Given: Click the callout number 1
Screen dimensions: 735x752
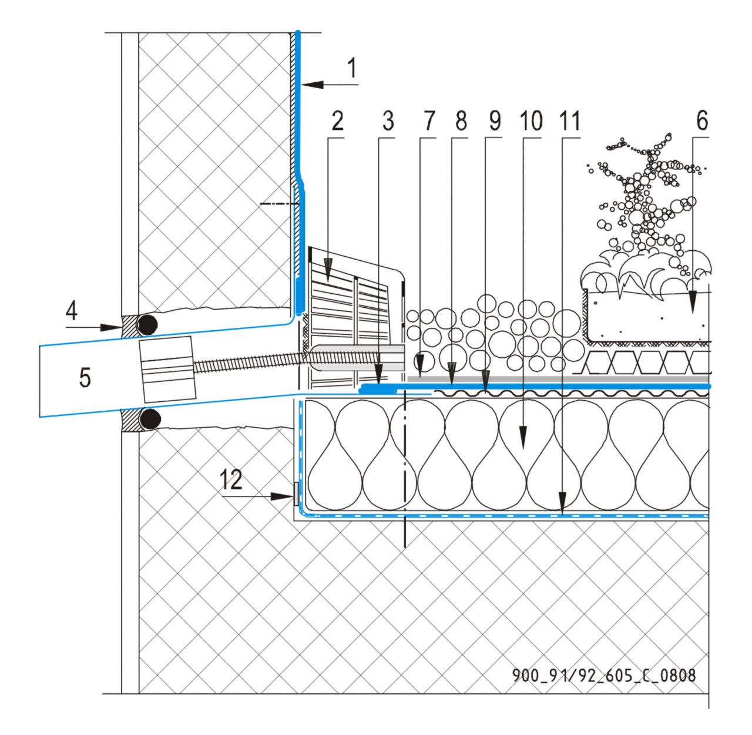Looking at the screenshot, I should (351, 69).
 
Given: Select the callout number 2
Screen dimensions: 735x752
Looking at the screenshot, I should (337, 122).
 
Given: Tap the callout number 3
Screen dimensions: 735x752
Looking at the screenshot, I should (387, 122).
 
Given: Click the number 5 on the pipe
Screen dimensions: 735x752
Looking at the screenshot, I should (85, 378).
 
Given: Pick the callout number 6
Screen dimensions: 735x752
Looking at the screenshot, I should (701, 122).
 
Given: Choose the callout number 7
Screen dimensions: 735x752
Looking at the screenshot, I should (428, 122).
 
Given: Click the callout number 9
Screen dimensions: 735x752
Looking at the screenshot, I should (493, 122).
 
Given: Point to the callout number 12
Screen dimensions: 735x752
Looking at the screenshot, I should (232, 480).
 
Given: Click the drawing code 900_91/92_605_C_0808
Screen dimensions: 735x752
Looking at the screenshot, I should (604, 676).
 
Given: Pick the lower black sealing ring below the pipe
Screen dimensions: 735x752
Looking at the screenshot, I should (149, 419).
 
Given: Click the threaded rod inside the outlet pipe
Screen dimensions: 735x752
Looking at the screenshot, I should (247, 363).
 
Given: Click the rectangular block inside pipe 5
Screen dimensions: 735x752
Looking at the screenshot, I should (166, 370).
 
